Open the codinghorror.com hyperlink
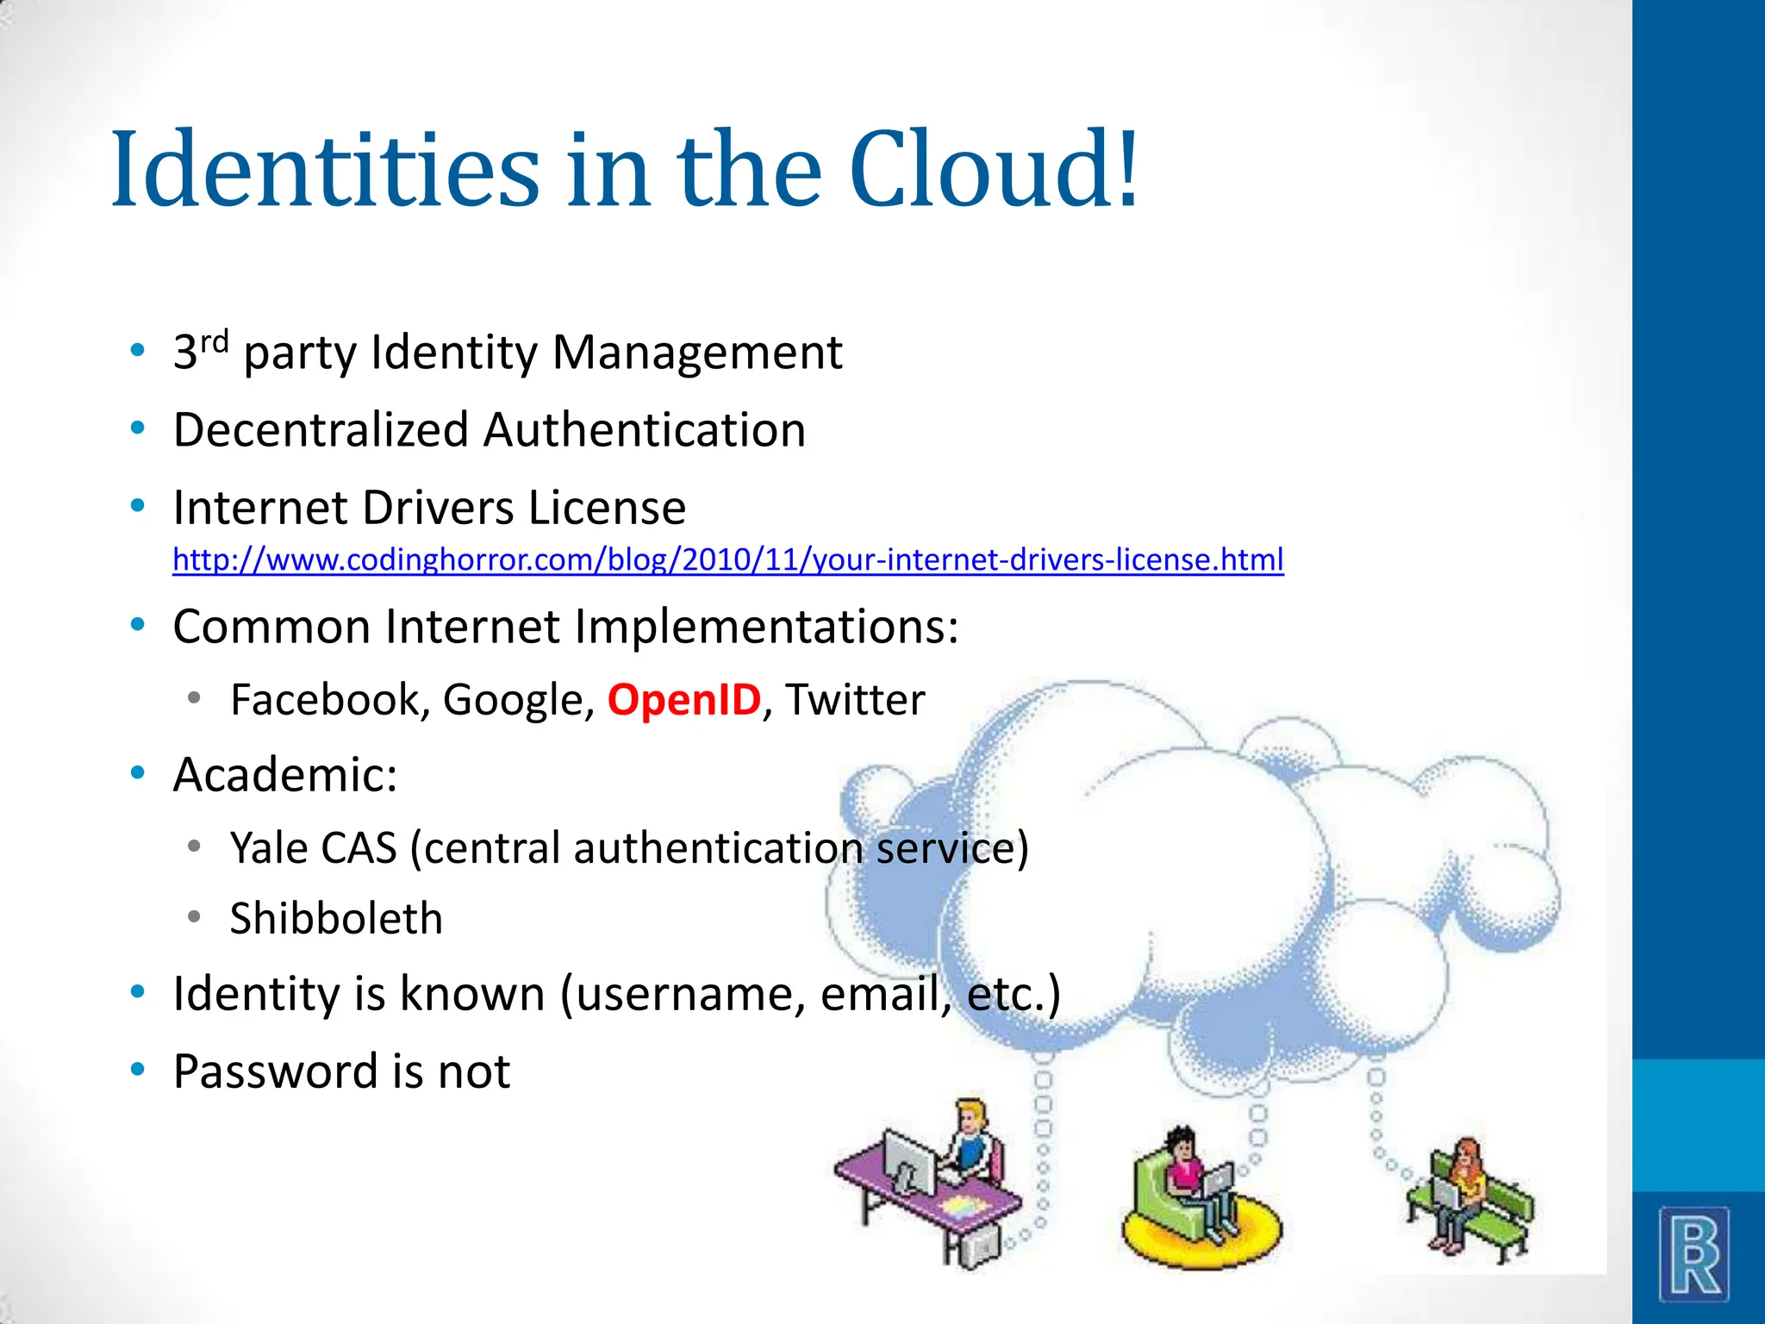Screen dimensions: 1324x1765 (x=727, y=560)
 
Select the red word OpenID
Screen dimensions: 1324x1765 (x=684, y=699)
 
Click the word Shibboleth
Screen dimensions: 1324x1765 (x=336, y=918)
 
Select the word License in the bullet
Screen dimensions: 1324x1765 (x=607, y=507)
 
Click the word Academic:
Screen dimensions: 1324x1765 (x=285, y=774)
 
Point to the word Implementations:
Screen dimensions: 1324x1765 (x=766, y=626)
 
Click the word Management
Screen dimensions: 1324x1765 (x=696, y=352)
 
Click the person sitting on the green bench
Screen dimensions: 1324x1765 (x=1465, y=1190)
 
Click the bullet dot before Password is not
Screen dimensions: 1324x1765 (x=137, y=1070)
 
